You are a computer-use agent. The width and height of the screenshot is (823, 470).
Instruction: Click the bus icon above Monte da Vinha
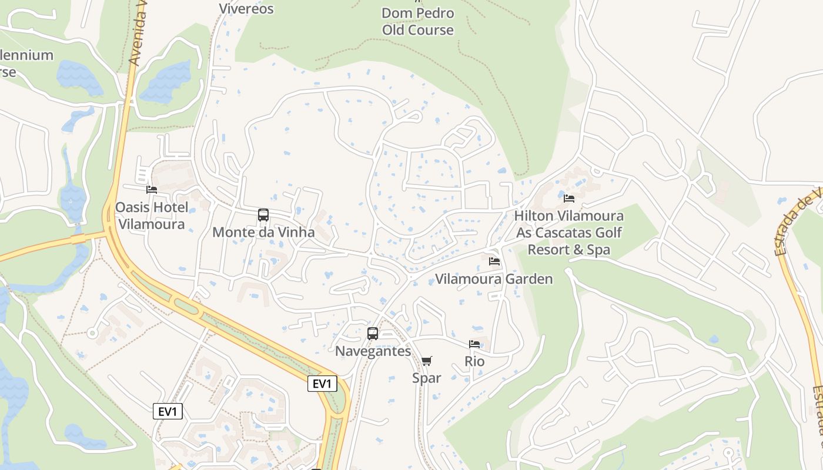263,215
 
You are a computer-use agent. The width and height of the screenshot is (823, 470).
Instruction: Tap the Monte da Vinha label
263,232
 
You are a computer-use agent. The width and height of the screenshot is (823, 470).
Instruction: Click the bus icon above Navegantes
373,334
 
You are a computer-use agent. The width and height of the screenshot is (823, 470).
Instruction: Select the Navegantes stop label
373,351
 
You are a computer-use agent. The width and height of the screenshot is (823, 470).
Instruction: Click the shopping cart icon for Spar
427,361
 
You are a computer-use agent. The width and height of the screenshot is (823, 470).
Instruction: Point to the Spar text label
427,378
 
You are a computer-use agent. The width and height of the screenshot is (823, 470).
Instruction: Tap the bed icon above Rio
474,344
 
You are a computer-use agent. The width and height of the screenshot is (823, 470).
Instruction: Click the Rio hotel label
474,361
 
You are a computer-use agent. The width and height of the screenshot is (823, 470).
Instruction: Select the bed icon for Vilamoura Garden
494,261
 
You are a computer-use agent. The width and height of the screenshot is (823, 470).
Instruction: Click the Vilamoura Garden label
494,279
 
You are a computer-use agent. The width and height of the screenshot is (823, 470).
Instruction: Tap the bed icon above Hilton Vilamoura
568,198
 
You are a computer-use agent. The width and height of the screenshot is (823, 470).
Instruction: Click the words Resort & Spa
568,250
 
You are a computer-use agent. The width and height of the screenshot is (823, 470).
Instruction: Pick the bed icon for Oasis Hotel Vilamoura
152,189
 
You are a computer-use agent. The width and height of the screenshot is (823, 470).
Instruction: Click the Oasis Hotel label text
152,207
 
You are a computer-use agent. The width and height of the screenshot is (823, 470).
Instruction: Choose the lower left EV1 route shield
168,411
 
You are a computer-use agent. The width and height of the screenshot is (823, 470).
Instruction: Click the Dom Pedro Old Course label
417,21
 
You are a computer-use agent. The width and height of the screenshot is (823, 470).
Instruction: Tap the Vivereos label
246,8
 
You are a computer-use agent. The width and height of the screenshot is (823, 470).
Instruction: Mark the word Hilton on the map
534,216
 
